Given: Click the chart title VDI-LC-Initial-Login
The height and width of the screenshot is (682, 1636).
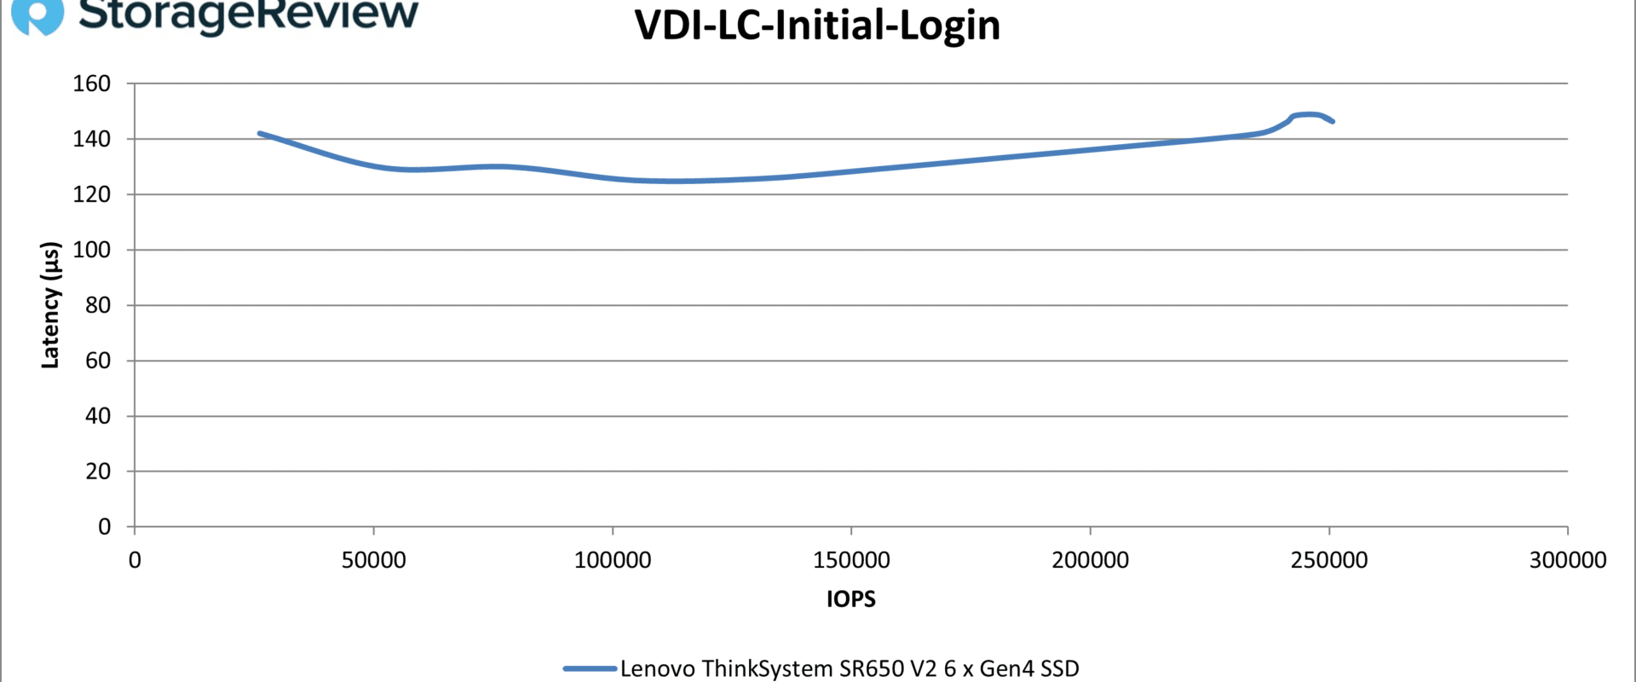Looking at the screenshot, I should pos(817,26).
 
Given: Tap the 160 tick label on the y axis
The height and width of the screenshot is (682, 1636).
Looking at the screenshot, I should pos(92,84).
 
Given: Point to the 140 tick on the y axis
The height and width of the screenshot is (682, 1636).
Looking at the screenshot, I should pos(92,139).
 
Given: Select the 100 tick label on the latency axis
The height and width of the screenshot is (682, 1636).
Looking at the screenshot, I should pos(92,250).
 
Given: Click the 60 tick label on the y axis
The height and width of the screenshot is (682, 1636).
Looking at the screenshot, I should pos(98,361).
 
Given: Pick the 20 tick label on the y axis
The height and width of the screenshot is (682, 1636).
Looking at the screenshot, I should pos(98,471).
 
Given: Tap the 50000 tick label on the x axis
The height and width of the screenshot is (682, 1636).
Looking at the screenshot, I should pos(373,560).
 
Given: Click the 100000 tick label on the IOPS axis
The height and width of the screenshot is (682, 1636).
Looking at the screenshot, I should pos(613,560).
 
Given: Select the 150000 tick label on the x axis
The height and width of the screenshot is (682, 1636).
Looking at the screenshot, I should pos(851,560).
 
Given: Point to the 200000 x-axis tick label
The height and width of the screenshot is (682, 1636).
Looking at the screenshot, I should pos(1090,560).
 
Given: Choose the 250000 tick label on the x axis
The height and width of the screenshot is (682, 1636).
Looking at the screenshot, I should pos(1329,560).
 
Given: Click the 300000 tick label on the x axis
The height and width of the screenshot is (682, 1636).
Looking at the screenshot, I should pos(1568,560).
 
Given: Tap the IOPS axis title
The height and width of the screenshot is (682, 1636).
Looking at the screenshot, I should pos(850,599).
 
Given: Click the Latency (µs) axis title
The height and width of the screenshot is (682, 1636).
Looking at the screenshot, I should pos(51,305).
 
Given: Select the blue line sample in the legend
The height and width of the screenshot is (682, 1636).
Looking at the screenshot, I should pos(590,668).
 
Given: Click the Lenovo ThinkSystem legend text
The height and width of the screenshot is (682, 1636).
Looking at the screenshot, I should pos(850,668).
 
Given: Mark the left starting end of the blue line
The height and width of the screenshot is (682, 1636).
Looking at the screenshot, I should pos(260,133).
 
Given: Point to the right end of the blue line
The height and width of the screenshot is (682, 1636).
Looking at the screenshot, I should pos(1333,122).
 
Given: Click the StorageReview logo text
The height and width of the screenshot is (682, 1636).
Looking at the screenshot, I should pos(248,14).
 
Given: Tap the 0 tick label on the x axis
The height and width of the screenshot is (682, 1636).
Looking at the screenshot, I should pos(135,560).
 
